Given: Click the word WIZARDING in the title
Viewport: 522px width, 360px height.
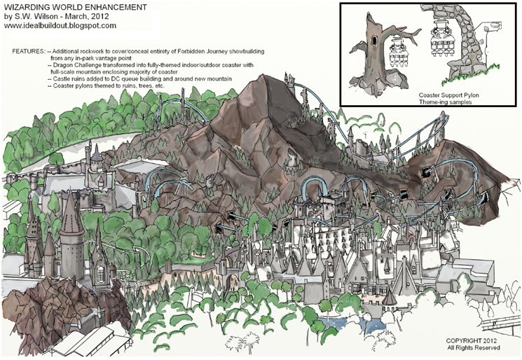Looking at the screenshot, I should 32,6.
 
